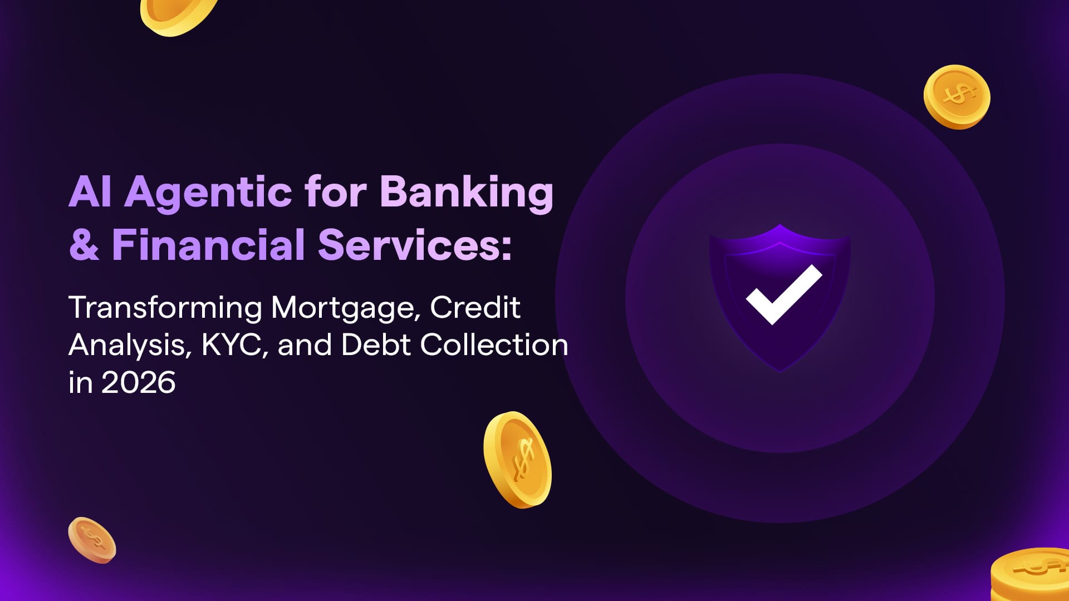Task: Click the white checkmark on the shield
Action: coord(783,294)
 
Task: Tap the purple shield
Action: coord(779,298)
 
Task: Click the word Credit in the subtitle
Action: coord(475,307)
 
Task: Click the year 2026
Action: coord(139,382)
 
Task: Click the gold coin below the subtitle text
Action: coord(517,460)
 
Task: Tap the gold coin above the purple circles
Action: coord(957,97)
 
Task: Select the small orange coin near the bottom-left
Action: coord(92,540)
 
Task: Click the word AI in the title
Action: coord(90,192)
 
